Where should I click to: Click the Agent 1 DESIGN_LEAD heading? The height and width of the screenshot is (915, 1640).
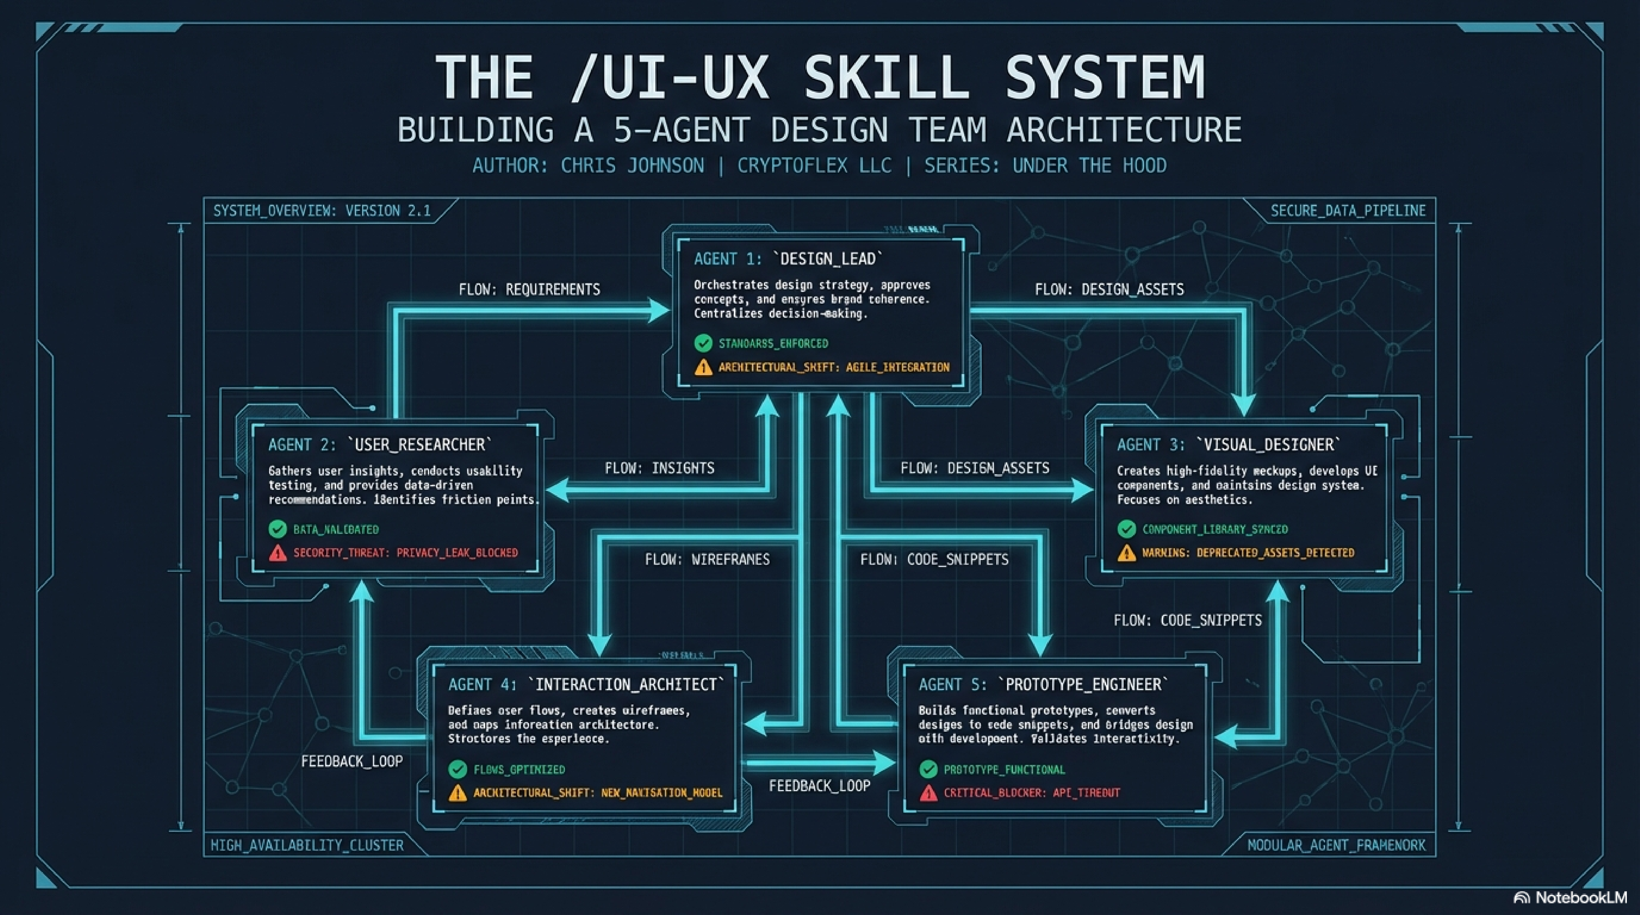(788, 259)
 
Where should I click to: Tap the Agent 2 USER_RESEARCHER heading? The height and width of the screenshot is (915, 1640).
(380, 445)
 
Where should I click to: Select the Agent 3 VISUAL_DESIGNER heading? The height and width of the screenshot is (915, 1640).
(1229, 445)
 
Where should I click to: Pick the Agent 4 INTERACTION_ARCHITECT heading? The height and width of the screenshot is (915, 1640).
(586, 685)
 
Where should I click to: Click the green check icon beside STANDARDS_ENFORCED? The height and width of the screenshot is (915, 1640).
(703, 344)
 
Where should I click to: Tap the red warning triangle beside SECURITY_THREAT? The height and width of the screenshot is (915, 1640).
(278, 553)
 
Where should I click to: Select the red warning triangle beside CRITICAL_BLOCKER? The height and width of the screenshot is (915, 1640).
(928, 793)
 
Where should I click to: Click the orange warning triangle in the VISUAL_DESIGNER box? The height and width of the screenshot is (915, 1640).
(1126, 553)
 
